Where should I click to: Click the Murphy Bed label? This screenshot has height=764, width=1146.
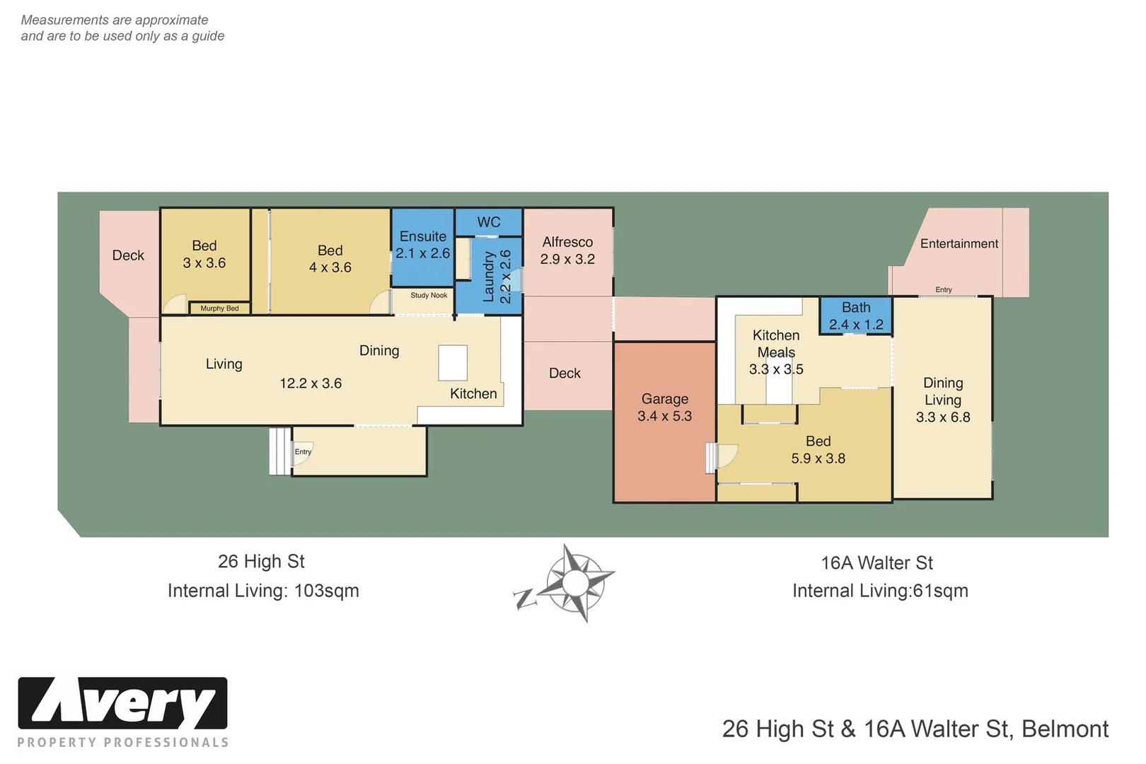[x=219, y=308]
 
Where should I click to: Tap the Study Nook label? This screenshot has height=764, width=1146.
[x=429, y=295]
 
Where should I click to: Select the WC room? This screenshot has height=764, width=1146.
[x=489, y=222]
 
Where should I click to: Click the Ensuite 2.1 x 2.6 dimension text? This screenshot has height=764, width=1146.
[x=422, y=253]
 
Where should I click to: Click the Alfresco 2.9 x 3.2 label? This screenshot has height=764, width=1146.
[x=567, y=250]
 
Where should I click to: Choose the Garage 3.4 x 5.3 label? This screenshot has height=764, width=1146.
[x=664, y=407]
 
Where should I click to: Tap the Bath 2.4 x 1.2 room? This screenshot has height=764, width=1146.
[x=856, y=316]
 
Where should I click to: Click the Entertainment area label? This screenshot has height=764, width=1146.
[x=959, y=243]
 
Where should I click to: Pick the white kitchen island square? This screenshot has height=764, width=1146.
[x=453, y=363]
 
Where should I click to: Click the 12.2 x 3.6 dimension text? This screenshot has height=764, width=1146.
[x=311, y=383]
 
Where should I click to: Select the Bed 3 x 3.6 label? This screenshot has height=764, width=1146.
[x=204, y=254]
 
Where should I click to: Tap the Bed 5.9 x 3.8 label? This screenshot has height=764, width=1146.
[x=818, y=450]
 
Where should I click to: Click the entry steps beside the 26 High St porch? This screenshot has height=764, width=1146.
[x=279, y=451]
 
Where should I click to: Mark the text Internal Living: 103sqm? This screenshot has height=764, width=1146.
[x=263, y=591]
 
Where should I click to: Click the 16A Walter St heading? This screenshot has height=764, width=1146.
[x=876, y=563]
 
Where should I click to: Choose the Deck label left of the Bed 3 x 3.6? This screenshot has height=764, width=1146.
[x=128, y=255]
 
